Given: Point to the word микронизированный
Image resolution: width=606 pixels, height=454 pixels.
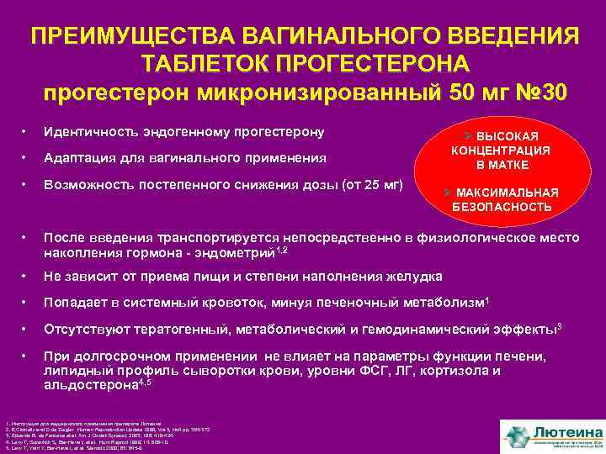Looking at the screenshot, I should (x=303, y=92).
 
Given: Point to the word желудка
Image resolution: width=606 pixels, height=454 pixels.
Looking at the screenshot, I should (x=419, y=276).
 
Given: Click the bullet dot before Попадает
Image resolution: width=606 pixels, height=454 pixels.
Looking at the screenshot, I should (x=29, y=302).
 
